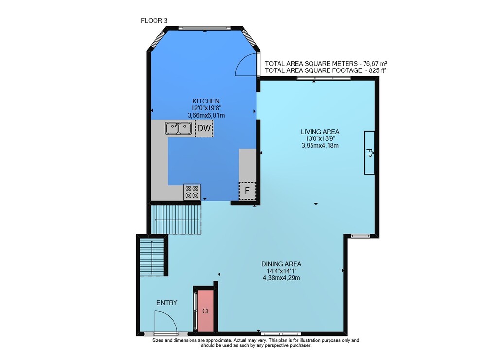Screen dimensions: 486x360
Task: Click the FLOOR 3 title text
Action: [x=154, y=21]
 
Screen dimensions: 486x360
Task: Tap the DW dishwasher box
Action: [x=204, y=128]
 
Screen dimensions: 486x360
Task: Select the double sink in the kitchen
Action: [x=178, y=128]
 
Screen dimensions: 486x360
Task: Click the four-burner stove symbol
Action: [x=192, y=192]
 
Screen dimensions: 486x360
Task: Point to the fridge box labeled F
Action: [x=247, y=190]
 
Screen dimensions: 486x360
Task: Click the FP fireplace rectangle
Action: [x=369, y=153]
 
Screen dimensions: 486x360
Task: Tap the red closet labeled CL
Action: [x=206, y=311]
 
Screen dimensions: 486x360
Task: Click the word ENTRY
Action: [x=167, y=303]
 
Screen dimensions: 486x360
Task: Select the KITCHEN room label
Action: [x=206, y=101]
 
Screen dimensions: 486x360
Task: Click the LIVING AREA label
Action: [x=320, y=132]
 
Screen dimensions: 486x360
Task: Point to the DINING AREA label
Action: [x=281, y=264]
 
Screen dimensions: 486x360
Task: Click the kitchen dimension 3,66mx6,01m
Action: [x=206, y=115]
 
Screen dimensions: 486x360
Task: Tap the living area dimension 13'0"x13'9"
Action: [x=320, y=138]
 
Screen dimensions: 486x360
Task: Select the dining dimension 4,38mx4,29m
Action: [x=281, y=278]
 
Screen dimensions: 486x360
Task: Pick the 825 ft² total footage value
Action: [x=378, y=70]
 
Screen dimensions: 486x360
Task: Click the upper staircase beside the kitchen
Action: [x=176, y=219]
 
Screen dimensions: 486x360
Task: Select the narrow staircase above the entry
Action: [x=152, y=257]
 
